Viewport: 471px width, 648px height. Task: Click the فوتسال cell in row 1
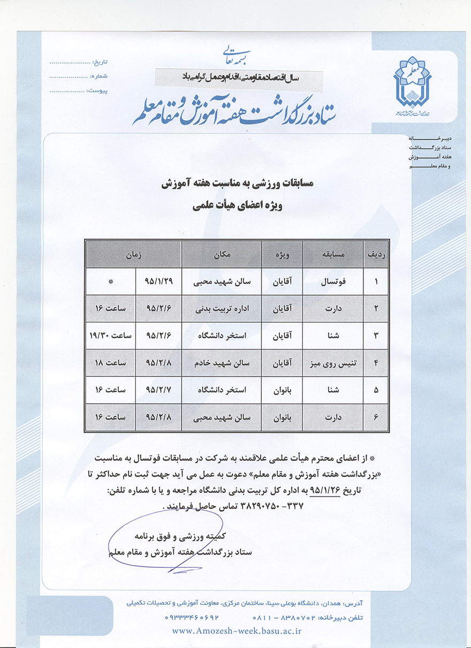point(332,280)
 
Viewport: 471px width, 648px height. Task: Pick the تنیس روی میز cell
point(332,362)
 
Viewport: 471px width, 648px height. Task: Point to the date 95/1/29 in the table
point(158,280)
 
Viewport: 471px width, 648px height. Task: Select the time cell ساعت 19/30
point(110,335)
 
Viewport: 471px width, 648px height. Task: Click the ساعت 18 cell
point(110,362)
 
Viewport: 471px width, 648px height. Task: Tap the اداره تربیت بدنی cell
point(221,308)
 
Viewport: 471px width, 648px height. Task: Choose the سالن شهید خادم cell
point(221,362)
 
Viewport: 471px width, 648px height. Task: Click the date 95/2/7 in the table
point(158,390)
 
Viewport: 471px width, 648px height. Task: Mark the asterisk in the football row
point(111,280)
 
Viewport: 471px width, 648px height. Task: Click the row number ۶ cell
point(376,417)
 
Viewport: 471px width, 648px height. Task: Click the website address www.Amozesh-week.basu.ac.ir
point(237,631)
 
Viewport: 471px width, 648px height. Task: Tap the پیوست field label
point(98,90)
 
